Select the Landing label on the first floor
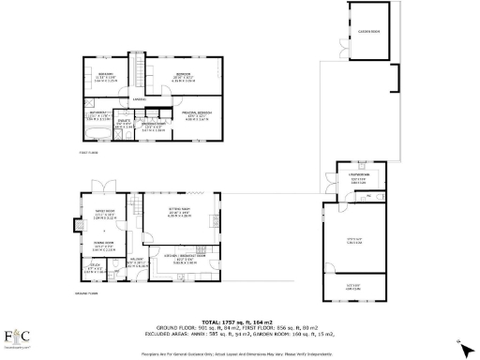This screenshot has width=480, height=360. tap(138, 99)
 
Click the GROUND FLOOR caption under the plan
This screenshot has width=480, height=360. tap(86, 293)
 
